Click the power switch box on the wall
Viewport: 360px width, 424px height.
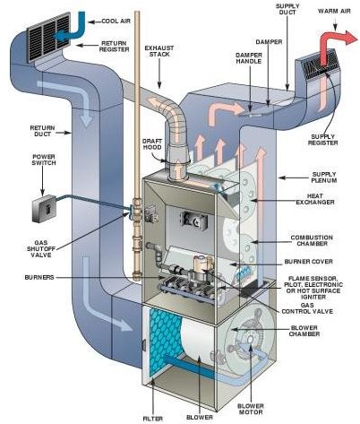(45, 209)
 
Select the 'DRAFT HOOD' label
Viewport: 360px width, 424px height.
(152, 144)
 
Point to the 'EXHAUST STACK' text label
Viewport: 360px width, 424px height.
(159, 51)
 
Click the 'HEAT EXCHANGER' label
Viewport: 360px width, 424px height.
(315, 199)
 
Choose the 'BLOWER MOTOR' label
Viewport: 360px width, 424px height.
(251, 409)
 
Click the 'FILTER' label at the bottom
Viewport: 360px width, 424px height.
(153, 419)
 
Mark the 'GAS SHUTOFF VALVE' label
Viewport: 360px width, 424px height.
(41, 249)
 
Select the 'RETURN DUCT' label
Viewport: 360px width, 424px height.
(42, 131)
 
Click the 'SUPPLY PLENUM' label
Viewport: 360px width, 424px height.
(324, 177)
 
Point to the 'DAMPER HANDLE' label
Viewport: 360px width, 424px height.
(249, 58)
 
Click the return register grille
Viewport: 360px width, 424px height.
(48, 37)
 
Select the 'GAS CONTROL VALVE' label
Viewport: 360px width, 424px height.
(307, 308)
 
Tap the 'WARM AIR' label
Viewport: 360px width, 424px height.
(334, 12)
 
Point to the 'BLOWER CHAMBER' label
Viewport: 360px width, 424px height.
(304, 331)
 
